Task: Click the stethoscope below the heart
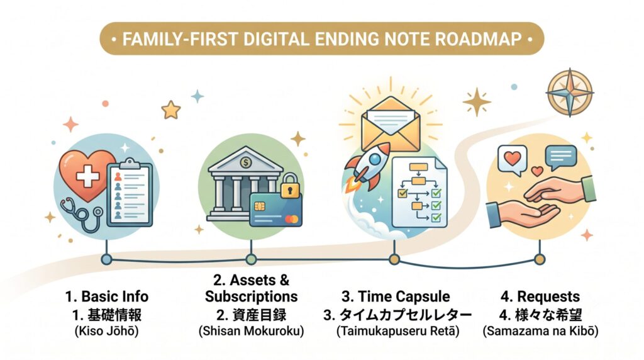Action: (x=82, y=213)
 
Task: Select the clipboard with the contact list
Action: (x=130, y=192)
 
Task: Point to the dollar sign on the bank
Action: (x=246, y=163)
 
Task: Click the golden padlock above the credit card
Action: (x=291, y=185)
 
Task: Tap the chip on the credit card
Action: (x=259, y=206)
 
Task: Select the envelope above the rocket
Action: (x=391, y=123)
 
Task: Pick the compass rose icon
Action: (x=570, y=93)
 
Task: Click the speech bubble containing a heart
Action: (x=512, y=160)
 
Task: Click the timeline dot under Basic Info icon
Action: (x=106, y=259)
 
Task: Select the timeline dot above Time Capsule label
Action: (x=394, y=259)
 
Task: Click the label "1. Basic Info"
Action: (x=107, y=296)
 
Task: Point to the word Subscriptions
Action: (x=252, y=296)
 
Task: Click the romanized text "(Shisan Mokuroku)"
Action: (x=252, y=331)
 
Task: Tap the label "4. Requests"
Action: (x=540, y=296)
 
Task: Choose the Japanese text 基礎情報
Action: (x=114, y=315)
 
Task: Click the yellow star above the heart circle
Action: (x=171, y=110)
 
